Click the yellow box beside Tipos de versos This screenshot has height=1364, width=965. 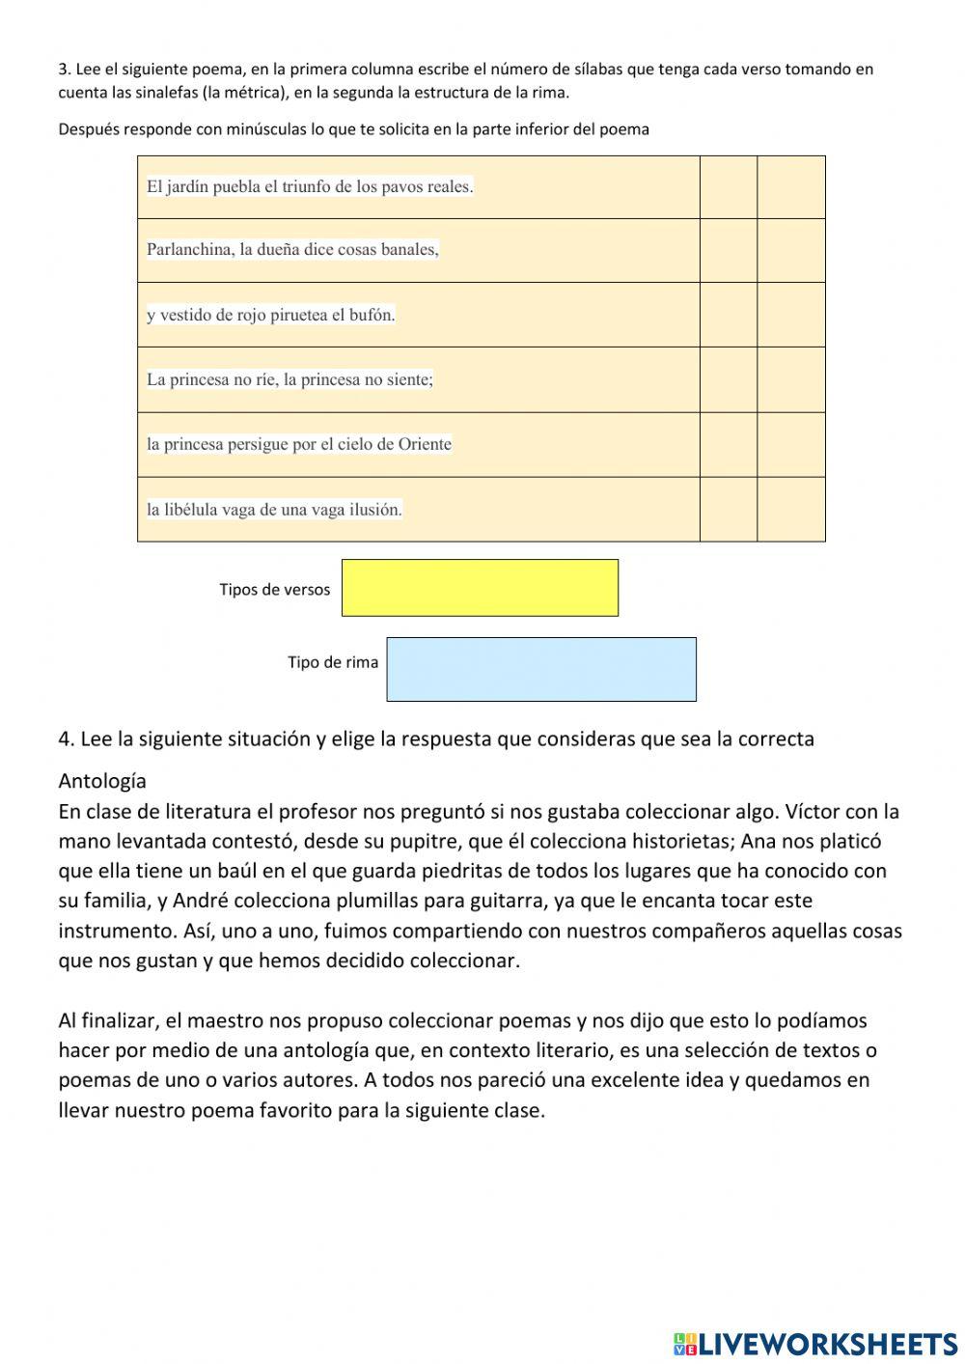(x=480, y=587)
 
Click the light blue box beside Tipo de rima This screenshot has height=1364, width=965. (x=540, y=668)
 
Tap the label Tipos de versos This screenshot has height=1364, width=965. (x=274, y=590)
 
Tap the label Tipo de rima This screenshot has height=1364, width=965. (x=332, y=662)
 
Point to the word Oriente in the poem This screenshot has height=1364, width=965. (x=425, y=444)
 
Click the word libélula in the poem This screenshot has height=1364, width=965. (x=194, y=509)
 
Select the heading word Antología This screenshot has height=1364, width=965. (x=102, y=780)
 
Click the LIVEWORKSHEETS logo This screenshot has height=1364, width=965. (x=815, y=1343)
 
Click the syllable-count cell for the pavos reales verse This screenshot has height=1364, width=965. (x=729, y=186)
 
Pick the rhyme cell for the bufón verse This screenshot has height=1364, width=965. (x=791, y=315)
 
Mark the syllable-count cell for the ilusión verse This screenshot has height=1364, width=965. (x=729, y=509)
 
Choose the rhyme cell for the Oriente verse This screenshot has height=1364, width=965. (x=791, y=444)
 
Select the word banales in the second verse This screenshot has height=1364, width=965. (x=409, y=249)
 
